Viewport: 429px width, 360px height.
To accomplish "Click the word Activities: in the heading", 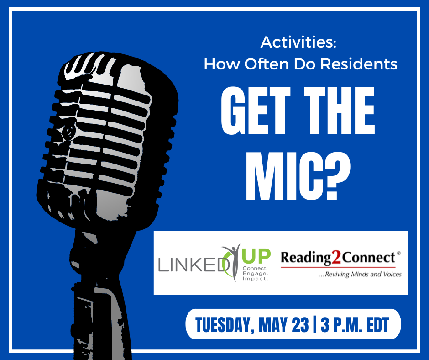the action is click(298, 42).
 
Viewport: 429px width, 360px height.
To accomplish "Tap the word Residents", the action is click(359, 64).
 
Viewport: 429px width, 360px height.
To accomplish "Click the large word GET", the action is click(256, 111).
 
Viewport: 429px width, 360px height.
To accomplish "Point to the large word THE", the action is click(339, 111).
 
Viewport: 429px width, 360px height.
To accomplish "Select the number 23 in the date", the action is click(300, 325).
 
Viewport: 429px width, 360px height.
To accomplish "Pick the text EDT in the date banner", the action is click(378, 325).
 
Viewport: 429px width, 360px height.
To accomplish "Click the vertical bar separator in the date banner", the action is click(314, 325).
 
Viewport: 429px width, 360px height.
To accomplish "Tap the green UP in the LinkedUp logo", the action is click(256, 256).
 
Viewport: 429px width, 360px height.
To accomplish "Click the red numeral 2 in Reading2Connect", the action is click(336, 258).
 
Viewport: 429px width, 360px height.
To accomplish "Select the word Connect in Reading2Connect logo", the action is click(369, 258).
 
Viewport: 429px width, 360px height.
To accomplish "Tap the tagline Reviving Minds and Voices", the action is click(360, 274).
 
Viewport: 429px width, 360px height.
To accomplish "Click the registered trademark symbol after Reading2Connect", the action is click(398, 253).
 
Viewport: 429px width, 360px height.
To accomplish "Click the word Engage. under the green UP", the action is click(256, 273).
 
